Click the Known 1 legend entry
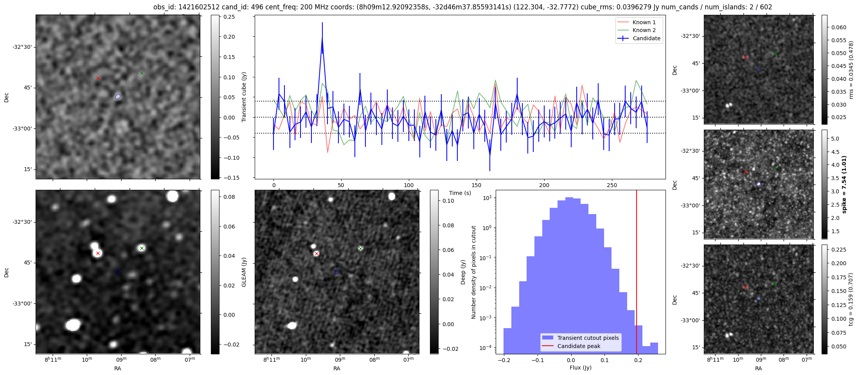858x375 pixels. [644, 22]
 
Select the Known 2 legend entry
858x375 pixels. [644, 30]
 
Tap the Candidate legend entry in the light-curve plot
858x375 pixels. [646, 38]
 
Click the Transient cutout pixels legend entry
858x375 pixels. [588, 338]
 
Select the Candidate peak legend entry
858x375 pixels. [579, 346]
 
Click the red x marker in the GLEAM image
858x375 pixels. [98, 254]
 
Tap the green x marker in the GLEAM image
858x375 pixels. [142, 248]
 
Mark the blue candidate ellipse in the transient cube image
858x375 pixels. [118, 96]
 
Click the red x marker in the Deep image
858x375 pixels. [317, 254]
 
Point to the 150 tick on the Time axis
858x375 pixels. [477, 185]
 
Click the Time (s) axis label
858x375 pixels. [460, 193]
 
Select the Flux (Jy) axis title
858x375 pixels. [580, 368]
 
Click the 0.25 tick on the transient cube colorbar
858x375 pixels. [229, 17]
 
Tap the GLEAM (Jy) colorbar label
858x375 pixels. [244, 272]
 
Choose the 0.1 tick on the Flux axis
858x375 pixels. [604, 360]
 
